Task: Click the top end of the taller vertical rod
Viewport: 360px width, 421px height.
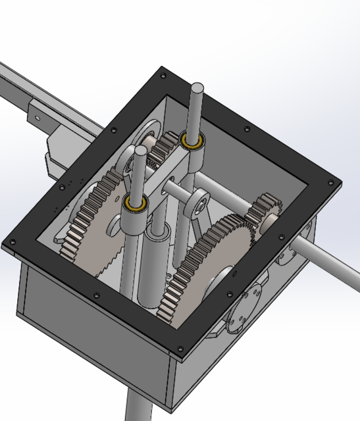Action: click(x=197, y=87)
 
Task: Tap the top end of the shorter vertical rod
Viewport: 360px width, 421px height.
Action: click(x=140, y=151)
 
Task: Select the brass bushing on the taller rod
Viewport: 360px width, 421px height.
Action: click(x=193, y=140)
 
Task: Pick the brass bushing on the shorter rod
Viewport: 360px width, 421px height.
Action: click(x=137, y=205)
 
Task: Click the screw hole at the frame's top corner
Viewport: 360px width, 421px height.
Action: click(x=163, y=76)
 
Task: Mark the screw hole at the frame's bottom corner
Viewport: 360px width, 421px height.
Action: click(x=180, y=347)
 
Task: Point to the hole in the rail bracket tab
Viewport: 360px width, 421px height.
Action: click(x=36, y=119)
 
